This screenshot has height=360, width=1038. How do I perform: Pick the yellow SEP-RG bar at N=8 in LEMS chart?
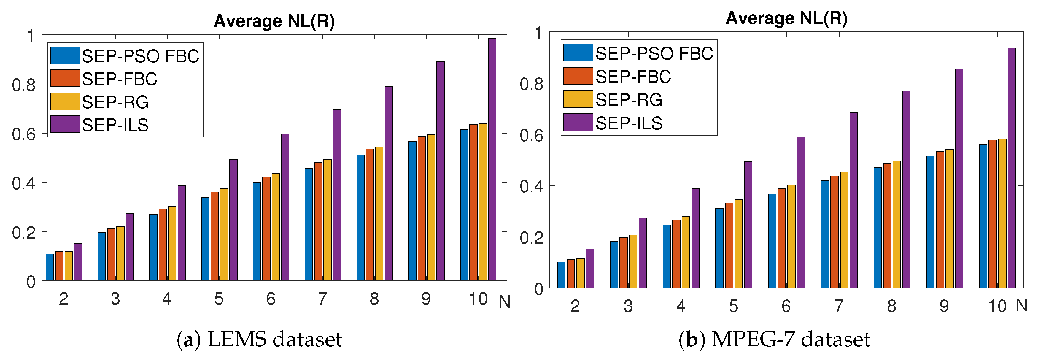pyautogui.click(x=379, y=214)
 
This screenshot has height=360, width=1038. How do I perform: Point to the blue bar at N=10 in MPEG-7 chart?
pyautogui.click(x=983, y=216)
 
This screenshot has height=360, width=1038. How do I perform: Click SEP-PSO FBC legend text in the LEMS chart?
pyautogui.click(x=141, y=56)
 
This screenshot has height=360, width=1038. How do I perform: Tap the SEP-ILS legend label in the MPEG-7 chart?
pyautogui.click(x=629, y=123)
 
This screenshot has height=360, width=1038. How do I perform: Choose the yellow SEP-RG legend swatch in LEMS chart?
pyautogui.click(x=64, y=102)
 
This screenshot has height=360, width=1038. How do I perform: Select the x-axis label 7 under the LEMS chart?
pyautogui.click(x=322, y=299)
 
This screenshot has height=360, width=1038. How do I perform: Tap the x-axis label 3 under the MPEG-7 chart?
pyautogui.click(x=628, y=306)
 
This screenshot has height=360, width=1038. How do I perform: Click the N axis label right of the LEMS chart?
pyautogui.click(x=504, y=302)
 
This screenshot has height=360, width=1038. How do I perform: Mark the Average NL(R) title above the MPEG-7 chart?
pyautogui.click(x=786, y=18)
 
